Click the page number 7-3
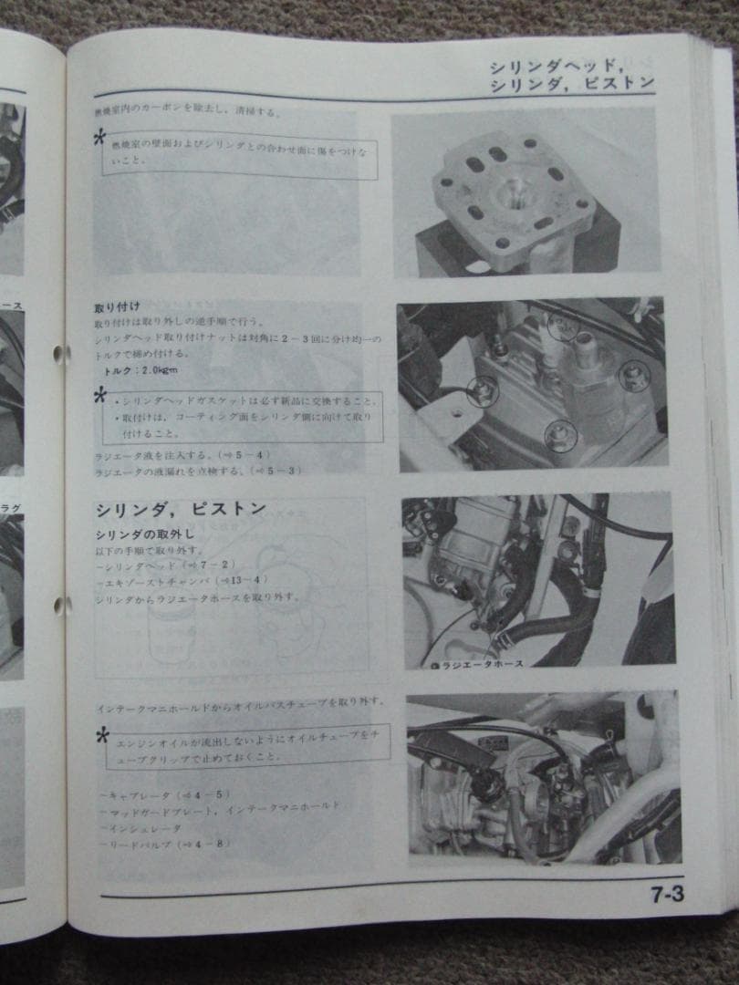click(x=668, y=895)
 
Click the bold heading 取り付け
click(x=117, y=307)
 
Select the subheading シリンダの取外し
click(x=144, y=534)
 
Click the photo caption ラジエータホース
click(x=482, y=664)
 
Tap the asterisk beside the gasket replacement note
click(x=100, y=396)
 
